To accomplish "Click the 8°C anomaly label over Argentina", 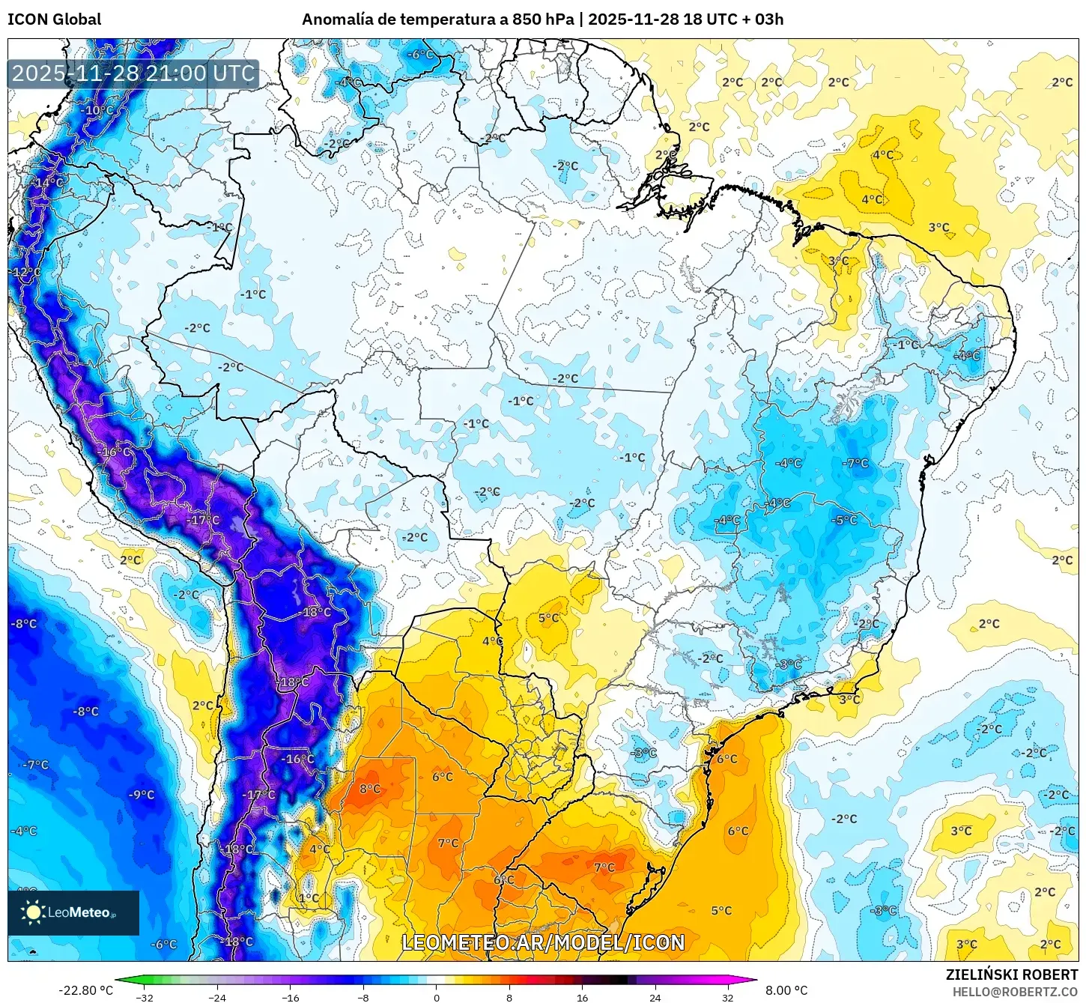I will point(370,789).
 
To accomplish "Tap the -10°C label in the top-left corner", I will point(97,110).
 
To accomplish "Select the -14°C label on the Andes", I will point(49,183).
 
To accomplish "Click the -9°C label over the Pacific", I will point(142,795).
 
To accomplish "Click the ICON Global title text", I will point(54,19).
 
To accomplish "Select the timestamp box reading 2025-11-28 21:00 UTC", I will point(133,73).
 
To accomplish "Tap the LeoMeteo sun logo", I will point(33,912).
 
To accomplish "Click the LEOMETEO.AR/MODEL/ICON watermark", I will point(543,942).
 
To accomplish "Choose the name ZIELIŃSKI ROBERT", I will point(1011,975).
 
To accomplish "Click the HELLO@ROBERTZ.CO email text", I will point(1015,992).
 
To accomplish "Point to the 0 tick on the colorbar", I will point(437,997).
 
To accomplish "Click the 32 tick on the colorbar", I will point(727,997).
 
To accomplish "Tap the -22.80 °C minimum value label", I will point(85,990).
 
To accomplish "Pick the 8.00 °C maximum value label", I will point(786,990).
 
